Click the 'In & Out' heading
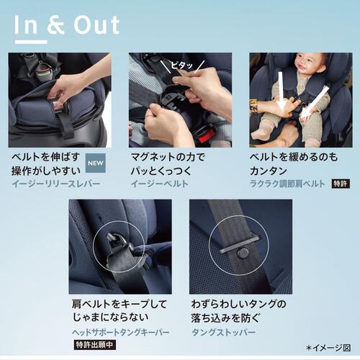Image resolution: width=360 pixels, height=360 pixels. [x=67, y=25]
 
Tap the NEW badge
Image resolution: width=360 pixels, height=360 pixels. [x=96, y=163]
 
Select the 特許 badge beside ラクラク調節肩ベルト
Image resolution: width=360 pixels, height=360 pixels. [x=341, y=184]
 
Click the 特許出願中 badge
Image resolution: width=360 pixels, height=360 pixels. [x=94, y=345]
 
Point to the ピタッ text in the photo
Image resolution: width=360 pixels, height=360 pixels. [x=182, y=65]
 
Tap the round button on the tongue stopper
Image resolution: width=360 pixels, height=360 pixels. [x=243, y=253]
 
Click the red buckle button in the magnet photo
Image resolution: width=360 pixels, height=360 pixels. [x=208, y=132]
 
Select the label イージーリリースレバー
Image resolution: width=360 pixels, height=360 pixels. [x=56, y=184]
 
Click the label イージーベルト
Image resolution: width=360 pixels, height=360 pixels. [x=160, y=184]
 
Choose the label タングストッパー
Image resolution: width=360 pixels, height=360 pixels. [x=223, y=333]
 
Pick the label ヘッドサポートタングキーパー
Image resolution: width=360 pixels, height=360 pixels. [x=121, y=333]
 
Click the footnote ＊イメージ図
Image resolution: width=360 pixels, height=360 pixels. [x=328, y=348]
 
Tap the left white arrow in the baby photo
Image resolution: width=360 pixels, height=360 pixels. [x=282, y=91]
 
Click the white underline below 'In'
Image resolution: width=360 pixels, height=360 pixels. [x=31, y=42]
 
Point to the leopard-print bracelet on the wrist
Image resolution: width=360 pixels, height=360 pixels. [x=254, y=107]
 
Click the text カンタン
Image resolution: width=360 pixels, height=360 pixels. [x=269, y=171]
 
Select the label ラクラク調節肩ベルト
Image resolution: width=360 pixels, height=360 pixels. [x=287, y=184]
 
